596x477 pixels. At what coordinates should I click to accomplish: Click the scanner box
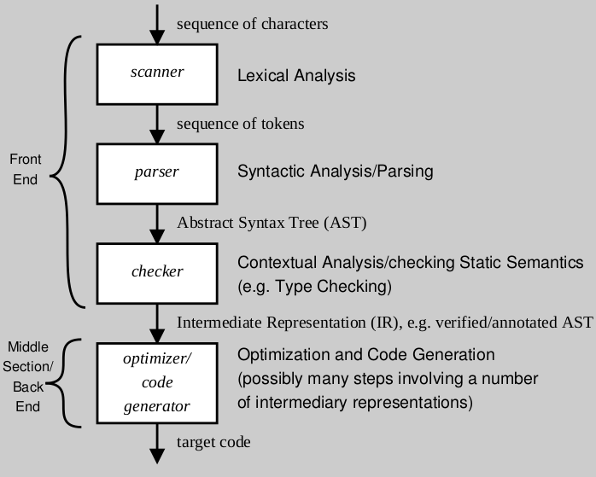click(x=157, y=73)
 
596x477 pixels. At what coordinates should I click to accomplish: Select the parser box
click(x=157, y=172)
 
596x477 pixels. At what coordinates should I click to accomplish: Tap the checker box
click(x=157, y=272)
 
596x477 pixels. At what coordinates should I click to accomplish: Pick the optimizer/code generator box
click(x=157, y=380)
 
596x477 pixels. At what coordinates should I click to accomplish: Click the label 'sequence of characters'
click(x=252, y=24)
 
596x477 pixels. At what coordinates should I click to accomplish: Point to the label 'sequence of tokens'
click(x=240, y=125)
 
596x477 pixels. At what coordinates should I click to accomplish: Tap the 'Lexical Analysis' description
click(x=295, y=76)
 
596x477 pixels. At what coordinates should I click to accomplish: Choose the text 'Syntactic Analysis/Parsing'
click(x=335, y=172)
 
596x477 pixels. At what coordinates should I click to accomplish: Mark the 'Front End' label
click(x=25, y=169)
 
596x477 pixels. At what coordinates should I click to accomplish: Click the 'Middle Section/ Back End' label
click(x=29, y=377)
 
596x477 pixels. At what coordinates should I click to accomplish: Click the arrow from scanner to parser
click(x=157, y=122)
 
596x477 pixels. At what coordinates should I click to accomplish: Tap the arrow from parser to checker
click(x=157, y=222)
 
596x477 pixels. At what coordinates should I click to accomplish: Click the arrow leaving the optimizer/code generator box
click(x=157, y=442)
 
